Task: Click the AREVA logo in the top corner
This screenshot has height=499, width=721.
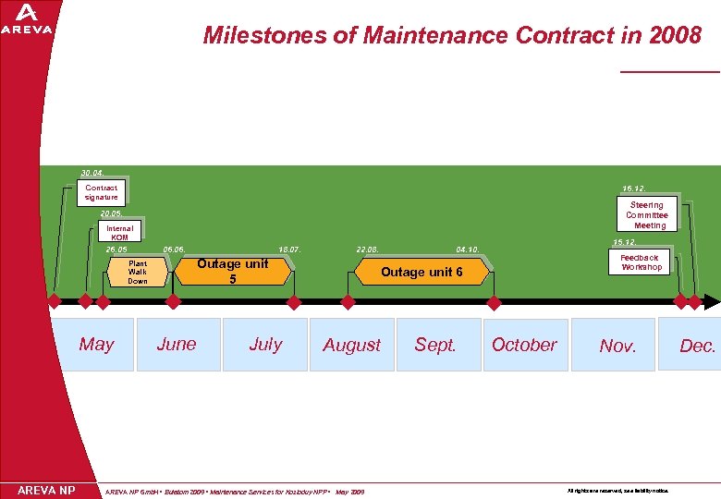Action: coord(27,19)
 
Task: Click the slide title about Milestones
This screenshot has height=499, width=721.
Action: coord(452,36)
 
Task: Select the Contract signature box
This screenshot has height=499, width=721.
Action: coord(101,192)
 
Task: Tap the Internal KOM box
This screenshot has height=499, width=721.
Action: coord(119,232)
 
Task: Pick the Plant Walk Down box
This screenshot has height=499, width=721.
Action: coord(138,272)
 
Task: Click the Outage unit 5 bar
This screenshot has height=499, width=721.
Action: coord(232,271)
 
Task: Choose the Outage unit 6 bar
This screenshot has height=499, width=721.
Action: coord(421,272)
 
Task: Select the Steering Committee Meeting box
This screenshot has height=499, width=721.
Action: coord(646,214)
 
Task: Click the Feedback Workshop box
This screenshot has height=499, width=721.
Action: coord(641,262)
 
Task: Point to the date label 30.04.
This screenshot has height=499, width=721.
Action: coord(92,173)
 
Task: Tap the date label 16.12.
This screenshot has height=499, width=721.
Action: coord(634,188)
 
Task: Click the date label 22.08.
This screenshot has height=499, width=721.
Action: coord(367,249)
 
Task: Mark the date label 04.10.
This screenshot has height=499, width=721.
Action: coord(467,249)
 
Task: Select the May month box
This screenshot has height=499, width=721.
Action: coord(97,345)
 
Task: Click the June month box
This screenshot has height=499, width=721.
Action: coord(177,345)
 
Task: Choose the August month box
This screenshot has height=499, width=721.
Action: coord(351,345)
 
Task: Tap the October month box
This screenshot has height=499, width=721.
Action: coord(524,345)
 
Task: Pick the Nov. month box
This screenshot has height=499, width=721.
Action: coord(617,345)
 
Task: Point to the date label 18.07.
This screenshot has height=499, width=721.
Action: coord(290,249)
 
